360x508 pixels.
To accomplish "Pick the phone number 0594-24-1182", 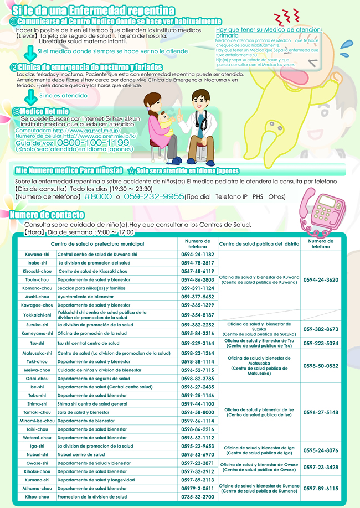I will click(197, 254).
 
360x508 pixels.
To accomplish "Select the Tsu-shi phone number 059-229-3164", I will click(197, 343).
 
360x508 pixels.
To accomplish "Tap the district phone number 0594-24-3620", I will click(321, 280).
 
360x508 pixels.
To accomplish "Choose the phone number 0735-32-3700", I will click(197, 497).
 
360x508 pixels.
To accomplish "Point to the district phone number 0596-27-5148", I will click(321, 412).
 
